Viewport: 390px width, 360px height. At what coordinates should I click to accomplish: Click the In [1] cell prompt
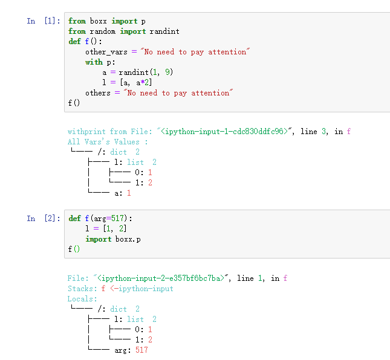point(43,21)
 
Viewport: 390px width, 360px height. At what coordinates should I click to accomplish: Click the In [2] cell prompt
point(43,219)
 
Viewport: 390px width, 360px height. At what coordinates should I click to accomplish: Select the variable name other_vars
point(106,52)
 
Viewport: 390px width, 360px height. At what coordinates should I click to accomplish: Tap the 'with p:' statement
point(100,62)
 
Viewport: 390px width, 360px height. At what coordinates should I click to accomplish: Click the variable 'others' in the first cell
point(98,93)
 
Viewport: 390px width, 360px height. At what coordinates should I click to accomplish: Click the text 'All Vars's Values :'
point(108,142)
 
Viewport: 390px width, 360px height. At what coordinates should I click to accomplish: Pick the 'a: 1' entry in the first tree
point(123,193)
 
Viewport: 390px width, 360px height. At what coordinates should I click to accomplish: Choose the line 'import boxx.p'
point(113,239)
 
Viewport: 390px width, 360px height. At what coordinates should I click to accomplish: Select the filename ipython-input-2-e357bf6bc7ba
point(161,278)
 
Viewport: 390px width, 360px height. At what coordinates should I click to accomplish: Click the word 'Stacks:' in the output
point(82,289)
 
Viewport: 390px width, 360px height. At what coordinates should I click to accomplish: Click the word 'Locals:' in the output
point(82,299)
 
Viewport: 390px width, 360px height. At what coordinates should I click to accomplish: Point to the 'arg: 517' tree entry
point(131,350)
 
